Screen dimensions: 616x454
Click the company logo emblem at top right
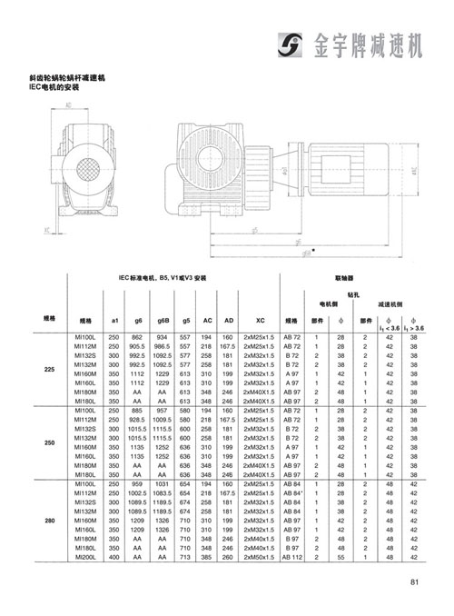point(291,44)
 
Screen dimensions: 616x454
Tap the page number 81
point(414,583)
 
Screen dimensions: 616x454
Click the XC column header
point(259,320)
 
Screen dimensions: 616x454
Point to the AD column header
point(229,320)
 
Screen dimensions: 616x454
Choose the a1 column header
point(114,320)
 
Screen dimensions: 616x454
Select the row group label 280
point(50,522)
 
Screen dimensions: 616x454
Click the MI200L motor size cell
point(85,558)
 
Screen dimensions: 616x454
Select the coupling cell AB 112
point(291,558)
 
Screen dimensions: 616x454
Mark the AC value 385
point(207,558)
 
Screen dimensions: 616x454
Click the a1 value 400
point(114,558)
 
